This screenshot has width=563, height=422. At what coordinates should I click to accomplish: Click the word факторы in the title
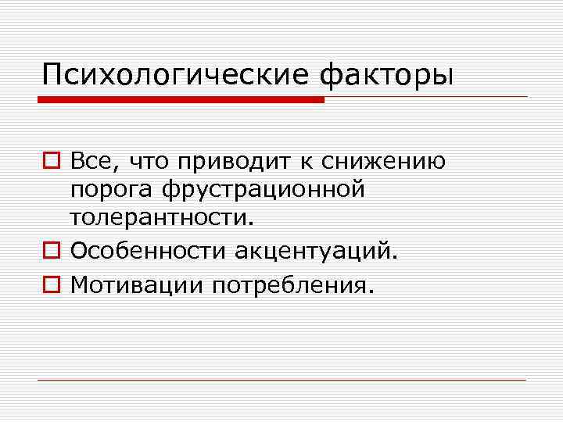point(387,76)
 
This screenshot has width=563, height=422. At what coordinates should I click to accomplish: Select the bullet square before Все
point(50,163)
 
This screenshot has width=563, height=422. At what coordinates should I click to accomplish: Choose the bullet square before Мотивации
point(50,286)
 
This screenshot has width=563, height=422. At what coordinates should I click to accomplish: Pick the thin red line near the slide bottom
point(281,381)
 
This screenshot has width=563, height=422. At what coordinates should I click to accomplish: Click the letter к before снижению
point(307,163)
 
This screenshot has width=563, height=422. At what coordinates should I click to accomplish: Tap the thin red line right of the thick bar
point(426,97)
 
